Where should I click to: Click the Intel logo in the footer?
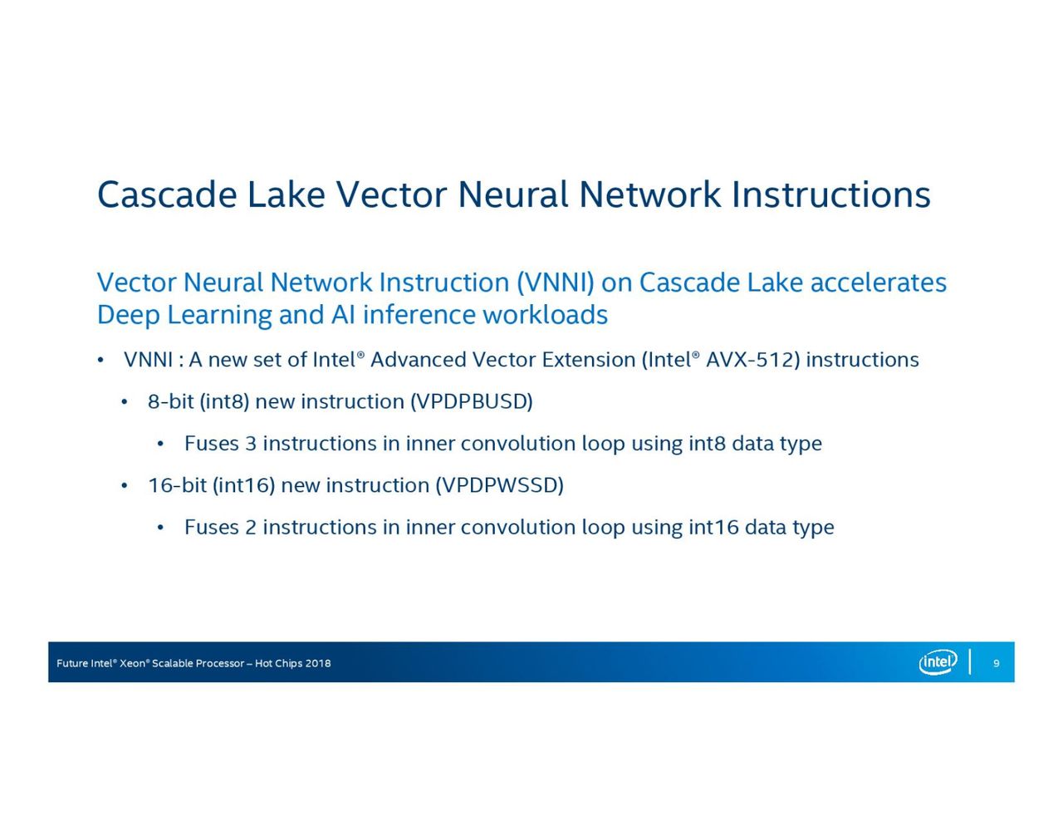[938, 662]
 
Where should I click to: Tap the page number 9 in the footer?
[996, 663]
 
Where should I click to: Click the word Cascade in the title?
[167, 194]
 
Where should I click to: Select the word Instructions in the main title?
[830, 194]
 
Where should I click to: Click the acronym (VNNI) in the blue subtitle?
[556, 283]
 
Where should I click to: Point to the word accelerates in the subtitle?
[878, 283]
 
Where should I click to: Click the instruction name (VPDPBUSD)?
[472, 401]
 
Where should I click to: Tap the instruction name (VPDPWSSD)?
[499, 485]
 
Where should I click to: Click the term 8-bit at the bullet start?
[171, 401]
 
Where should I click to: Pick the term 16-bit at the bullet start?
[178, 485]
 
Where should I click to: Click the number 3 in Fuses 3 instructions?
[251, 444]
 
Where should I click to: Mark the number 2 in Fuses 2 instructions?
[251, 528]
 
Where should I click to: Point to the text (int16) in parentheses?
[243, 485]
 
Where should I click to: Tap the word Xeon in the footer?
[132, 663]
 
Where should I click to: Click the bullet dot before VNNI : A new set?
[100, 361]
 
